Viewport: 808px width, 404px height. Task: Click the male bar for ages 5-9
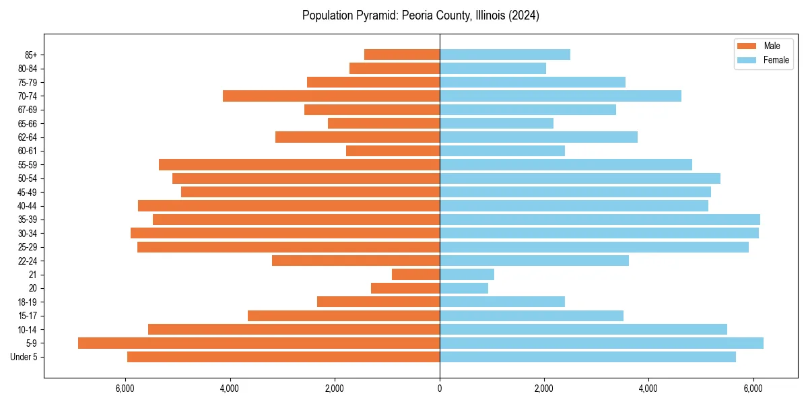click(259, 343)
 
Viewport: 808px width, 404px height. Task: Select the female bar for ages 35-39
click(599, 220)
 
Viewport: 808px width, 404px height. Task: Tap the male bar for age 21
click(415, 274)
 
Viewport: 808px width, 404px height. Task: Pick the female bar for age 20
click(463, 288)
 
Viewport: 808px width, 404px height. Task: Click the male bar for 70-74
click(331, 96)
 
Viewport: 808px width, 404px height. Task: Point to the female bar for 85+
click(504, 55)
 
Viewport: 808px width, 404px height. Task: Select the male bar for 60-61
click(393, 151)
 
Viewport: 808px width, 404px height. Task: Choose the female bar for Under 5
click(587, 357)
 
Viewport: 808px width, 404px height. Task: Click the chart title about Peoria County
click(421, 15)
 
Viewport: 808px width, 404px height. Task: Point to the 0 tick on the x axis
click(440, 389)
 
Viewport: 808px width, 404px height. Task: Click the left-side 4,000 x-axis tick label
click(230, 389)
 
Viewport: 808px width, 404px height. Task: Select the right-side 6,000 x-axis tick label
click(753, 389)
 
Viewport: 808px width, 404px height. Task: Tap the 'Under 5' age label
click(24, 357)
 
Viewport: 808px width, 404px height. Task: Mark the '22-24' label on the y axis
click(27, 261)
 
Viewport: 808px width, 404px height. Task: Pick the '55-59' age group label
click(27, 164)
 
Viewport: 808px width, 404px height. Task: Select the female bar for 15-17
click(531, 316)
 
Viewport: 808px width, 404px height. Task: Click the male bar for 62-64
click(358, 137)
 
